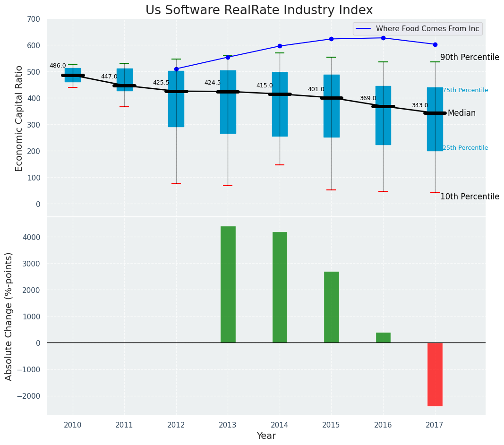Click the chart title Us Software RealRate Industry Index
259,10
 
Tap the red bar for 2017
435,374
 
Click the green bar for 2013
228,284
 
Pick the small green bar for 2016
383,337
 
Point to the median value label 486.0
58,66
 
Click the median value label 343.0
419,105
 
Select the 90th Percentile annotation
470,57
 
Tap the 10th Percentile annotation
470,197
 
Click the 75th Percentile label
465,90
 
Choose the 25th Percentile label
465,148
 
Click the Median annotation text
461,113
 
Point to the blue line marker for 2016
383,38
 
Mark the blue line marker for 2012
176,69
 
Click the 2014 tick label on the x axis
280,425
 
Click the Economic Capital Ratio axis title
19,118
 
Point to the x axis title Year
266,436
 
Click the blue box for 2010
73,75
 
